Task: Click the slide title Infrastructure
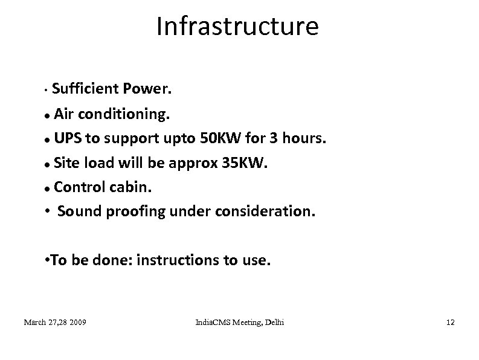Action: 237,27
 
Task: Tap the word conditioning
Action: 122,114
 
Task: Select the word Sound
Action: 78,212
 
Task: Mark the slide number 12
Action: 449,323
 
